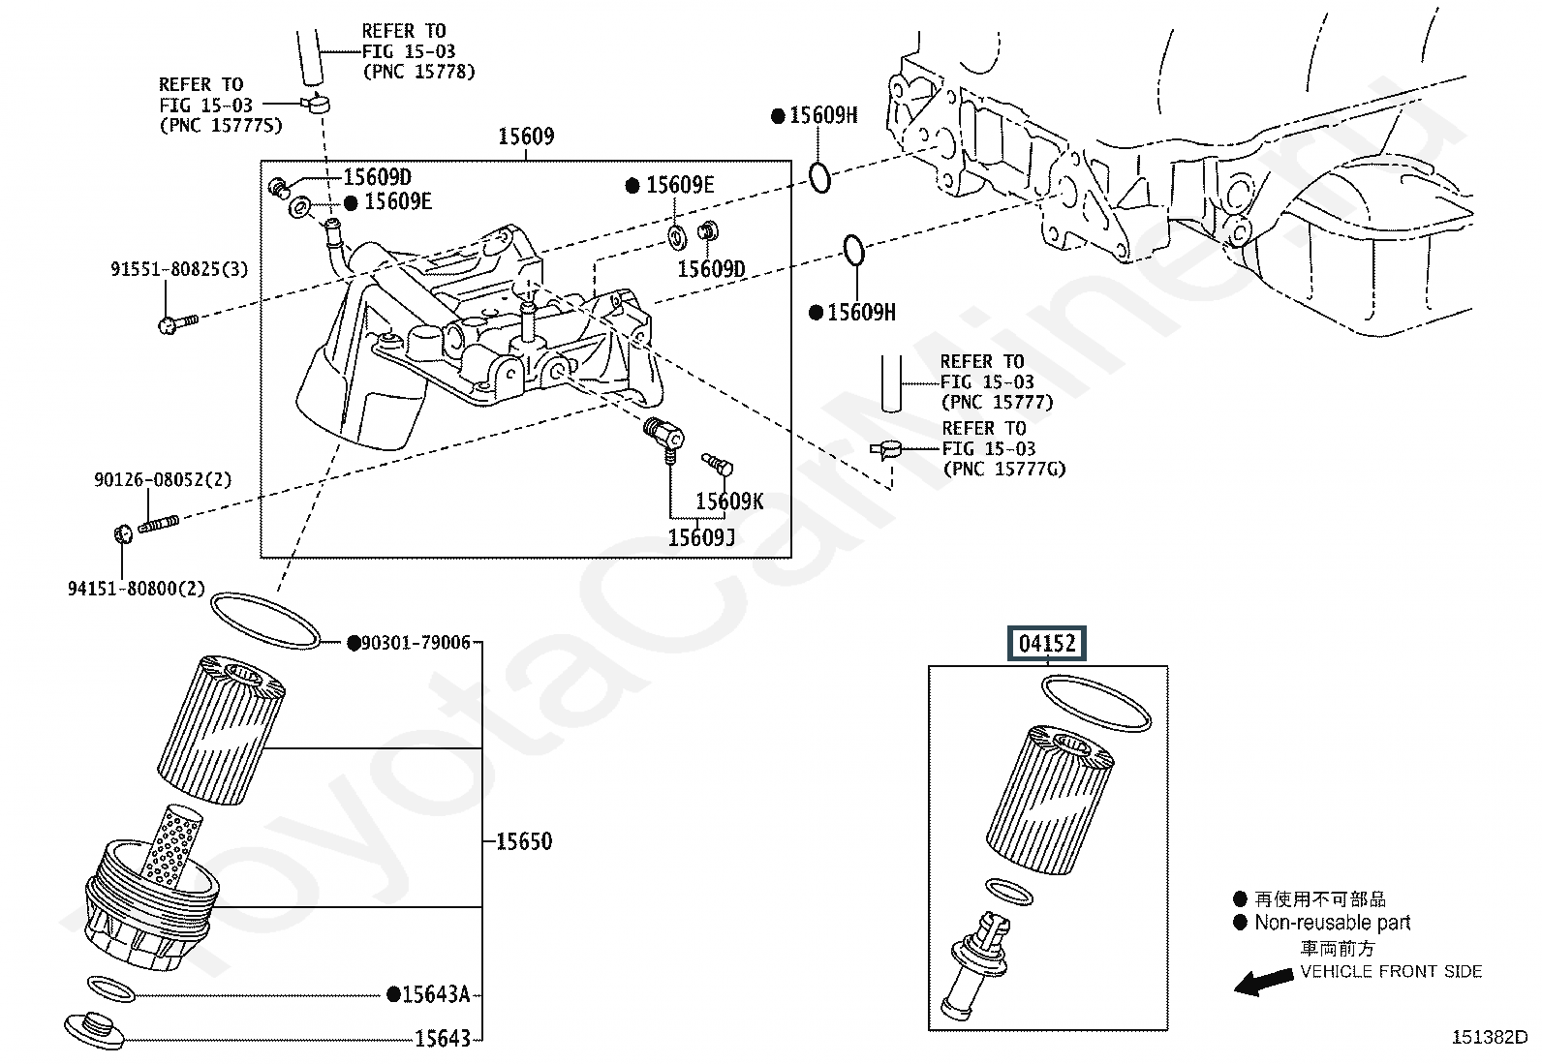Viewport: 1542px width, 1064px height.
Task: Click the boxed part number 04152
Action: (1047, 643)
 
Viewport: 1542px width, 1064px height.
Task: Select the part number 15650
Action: (524, 841)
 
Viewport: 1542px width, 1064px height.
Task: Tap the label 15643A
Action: (435, 994)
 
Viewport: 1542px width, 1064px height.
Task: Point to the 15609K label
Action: (729, 501)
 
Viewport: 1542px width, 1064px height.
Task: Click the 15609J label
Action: (701, 536)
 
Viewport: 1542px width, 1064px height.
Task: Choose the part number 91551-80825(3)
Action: (178, 269)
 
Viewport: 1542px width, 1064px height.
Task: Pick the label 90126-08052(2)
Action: (163, 479)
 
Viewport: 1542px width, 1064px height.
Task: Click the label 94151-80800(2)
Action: (137, 589)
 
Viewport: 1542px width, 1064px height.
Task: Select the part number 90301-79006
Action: (416, 643)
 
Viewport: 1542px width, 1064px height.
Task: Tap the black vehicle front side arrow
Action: (1263, 982)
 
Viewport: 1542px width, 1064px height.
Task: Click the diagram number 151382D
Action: (1488, 1038)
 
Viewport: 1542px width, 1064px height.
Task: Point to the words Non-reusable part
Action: (1332, 923)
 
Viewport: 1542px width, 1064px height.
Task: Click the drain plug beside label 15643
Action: (94, 1028)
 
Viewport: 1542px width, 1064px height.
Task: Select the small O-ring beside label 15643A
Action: (110, 988)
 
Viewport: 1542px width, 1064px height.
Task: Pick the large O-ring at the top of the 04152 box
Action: (1096, 704)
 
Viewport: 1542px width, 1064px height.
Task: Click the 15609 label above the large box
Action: (526, 137)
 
